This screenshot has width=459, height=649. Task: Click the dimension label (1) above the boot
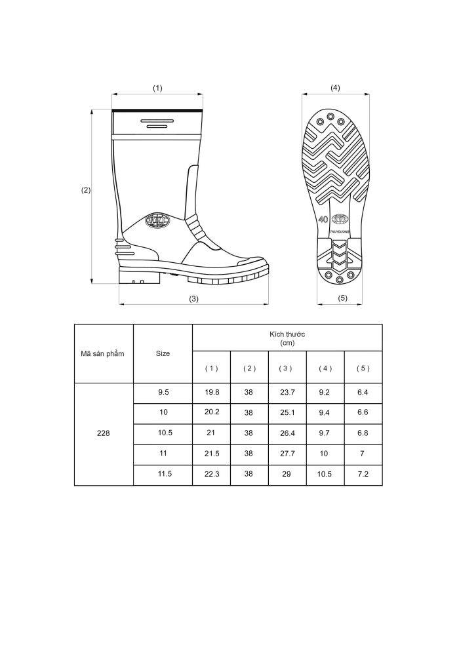[157, 88]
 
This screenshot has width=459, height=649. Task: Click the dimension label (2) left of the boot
[86, 190]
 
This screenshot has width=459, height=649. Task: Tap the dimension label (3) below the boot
[193, 299]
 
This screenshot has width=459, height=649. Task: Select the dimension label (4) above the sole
[335, 88]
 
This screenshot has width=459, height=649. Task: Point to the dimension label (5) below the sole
[343, 298]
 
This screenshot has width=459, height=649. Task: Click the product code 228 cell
[104, 433]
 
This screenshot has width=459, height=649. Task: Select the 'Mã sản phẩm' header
[102, 353]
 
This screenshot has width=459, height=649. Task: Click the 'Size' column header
[163, 353]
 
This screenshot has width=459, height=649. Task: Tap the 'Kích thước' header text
[287, 334]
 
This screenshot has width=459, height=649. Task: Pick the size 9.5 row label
[163, 392]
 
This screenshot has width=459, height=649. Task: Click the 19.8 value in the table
[212, 392]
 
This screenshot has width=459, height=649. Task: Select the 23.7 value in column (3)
[287, 392]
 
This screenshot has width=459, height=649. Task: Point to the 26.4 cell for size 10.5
[287, 433]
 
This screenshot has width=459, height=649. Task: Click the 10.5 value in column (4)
[325, 474]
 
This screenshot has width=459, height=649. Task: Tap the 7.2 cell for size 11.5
[363, 474]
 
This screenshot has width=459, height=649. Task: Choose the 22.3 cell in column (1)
[212, 474]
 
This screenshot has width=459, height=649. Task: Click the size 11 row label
[163, 453]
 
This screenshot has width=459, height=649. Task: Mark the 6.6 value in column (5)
[363, 412]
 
